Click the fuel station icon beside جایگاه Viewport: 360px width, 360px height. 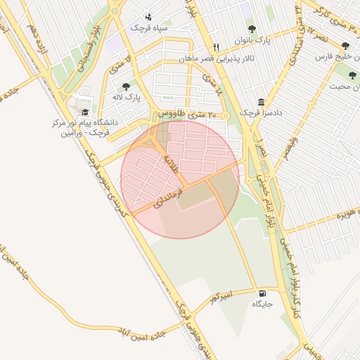pyautogui.click(x=262, y=293)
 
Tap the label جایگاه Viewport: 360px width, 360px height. pyautogui.click(x=262, y=304)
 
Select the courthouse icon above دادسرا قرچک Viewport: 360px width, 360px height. pyautogui.click(x=261, y=101)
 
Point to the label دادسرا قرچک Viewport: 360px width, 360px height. pyautogui.click(x=260, y=112)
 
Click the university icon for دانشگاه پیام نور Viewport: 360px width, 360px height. pyautogui.click(x=86, y=112)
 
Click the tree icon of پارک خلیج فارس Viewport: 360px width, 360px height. pyautogui.click(x=344, y=46)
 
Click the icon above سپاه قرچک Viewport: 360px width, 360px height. pyautogui.click(x=148, y=16)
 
